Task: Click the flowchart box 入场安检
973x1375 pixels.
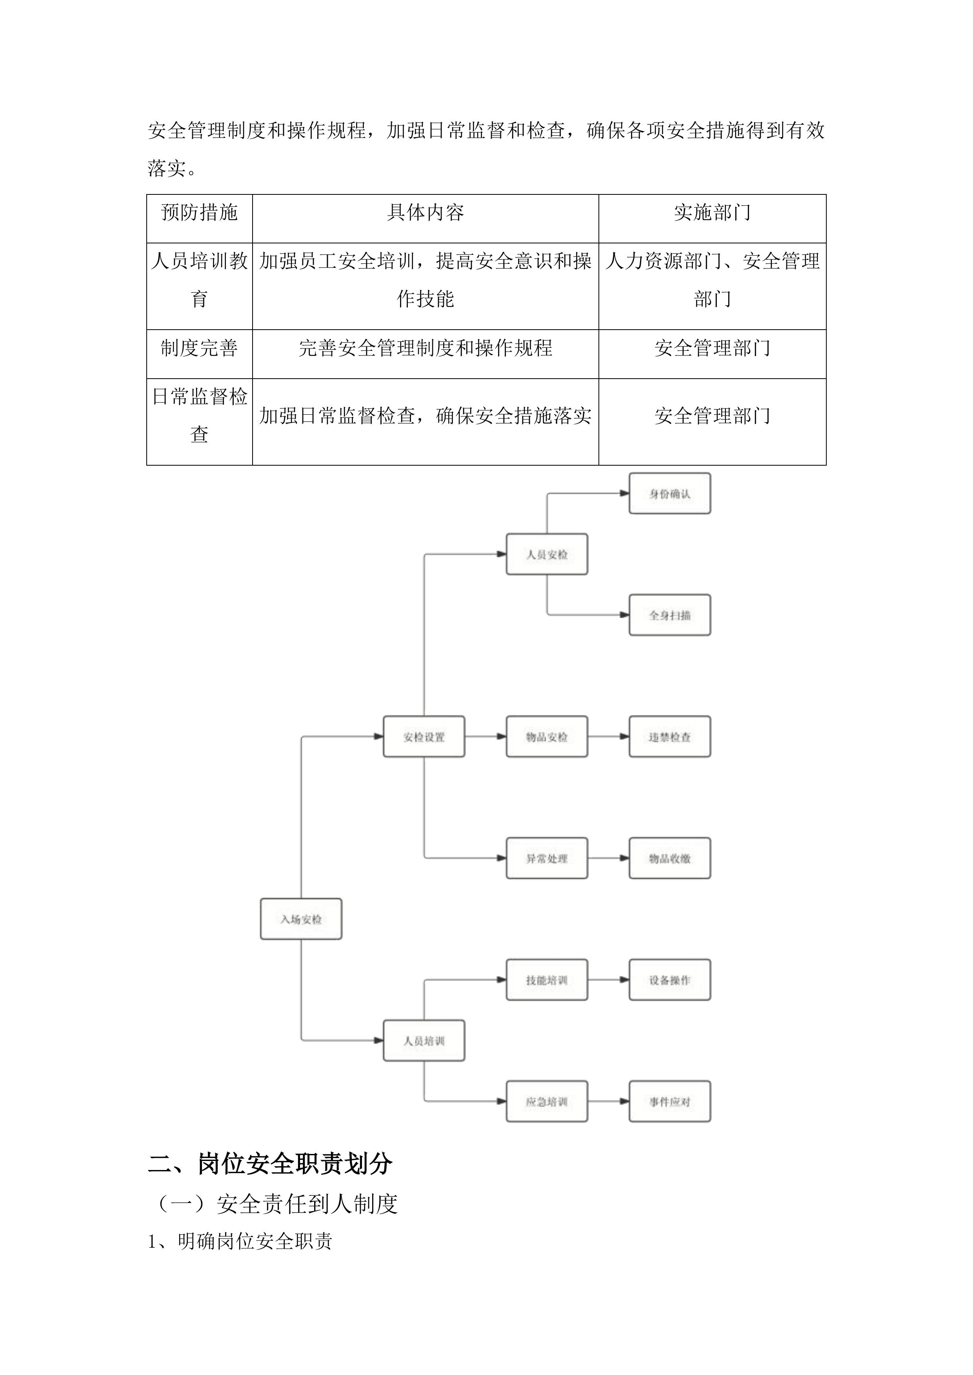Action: tap(301, 919)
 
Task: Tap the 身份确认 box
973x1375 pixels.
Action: tap(669, 493)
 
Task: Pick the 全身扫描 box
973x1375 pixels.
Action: tap(669, 615)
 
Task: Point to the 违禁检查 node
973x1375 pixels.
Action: tap(669, 736)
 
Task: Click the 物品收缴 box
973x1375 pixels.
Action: tap(669, 858)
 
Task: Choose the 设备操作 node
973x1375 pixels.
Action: tap(669, 980)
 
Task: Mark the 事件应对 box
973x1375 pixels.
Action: tap(669, 1101)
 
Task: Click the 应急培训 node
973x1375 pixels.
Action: tap(546, 1101)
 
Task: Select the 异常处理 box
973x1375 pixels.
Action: tap(546, 858)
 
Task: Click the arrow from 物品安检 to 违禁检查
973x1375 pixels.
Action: tap(608, 736)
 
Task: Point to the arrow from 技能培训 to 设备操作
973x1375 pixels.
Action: tap(608, 980)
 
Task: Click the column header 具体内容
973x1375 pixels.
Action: tap(426, 212)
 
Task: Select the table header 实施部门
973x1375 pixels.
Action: tap(712, 212)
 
